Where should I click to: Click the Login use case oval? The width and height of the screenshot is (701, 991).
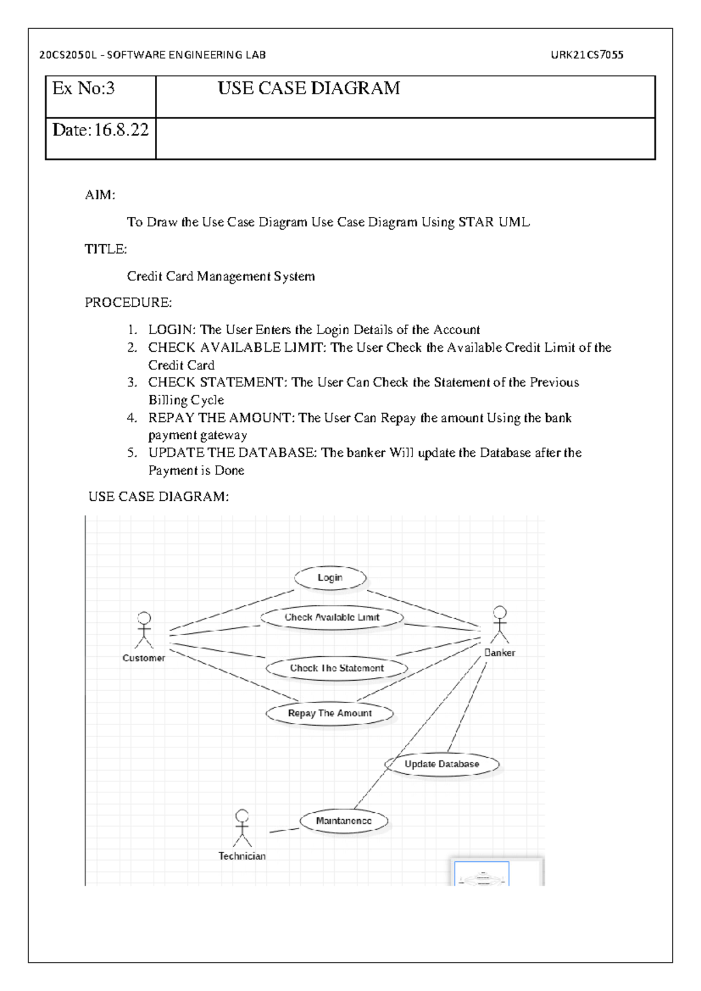click(330, 578)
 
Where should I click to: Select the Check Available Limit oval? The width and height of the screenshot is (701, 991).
click(332, 618)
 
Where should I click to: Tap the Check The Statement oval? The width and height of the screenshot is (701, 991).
click(336, 668)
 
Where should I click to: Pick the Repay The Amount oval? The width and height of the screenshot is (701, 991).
click(329, 713)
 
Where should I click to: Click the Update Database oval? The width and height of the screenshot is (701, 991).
click(442, 764)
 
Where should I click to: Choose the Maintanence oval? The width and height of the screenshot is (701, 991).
click(343, 821)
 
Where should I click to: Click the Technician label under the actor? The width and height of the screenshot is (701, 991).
click(242, 856)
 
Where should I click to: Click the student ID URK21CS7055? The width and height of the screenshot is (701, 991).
click(587, 55)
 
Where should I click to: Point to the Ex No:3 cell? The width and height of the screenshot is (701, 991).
click(84, 89)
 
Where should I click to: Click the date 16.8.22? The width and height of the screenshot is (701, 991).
click(122, 130)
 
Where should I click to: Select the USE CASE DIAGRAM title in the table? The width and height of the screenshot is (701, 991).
click(308, 89)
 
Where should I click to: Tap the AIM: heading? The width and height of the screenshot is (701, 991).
click(100, 195)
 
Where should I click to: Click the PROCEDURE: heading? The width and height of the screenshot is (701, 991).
click(129, 303)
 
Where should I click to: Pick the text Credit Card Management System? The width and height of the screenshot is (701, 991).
click(221, 276)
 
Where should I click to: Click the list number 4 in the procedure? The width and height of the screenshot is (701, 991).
click(132, 418)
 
